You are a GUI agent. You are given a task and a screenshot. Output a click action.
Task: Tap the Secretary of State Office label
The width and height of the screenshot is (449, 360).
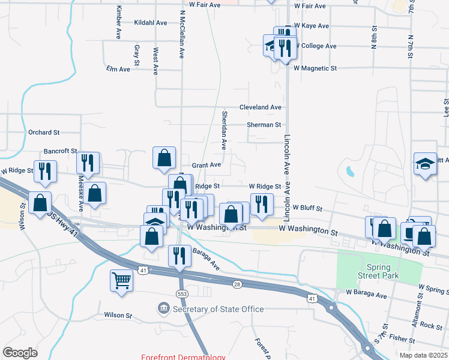coord(218,309)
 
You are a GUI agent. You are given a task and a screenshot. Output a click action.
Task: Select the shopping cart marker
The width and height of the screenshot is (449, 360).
coord(121,280)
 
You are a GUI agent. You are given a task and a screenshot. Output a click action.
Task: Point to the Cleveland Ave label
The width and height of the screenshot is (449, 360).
coord(261,107)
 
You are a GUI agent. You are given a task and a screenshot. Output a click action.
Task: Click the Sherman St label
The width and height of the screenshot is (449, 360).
coord(264,125)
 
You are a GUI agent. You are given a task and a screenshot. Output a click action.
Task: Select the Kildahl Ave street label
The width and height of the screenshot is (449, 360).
coord(151,22)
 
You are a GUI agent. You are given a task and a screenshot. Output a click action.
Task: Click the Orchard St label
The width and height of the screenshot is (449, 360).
coord(44,132)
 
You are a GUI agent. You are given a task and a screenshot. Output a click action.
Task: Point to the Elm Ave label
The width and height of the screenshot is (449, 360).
coord(118,70)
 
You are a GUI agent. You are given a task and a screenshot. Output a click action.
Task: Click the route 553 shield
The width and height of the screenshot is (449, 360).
coord(182,293)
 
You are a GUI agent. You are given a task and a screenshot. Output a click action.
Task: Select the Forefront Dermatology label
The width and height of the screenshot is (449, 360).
coord(183,357)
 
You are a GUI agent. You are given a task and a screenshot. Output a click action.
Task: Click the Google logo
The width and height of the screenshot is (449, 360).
coord(20,353)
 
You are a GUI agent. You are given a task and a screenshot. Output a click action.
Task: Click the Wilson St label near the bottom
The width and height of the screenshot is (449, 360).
coord(118,315)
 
